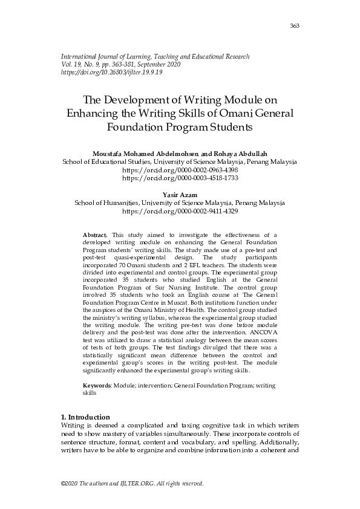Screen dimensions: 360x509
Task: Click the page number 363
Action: [x=295, y=25]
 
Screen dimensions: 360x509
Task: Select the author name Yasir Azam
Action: [x=180, y=195]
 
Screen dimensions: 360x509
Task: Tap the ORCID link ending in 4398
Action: [x=180, y=171]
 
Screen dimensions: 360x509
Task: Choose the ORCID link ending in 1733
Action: [x=180, y=179]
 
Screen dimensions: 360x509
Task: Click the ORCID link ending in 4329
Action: [x=180, y=212]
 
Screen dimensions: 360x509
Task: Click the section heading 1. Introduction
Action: [x=86, y=417]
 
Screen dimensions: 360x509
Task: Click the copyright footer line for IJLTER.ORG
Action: [x=133, y=484]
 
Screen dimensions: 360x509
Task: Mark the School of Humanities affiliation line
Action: [x=180, y=203]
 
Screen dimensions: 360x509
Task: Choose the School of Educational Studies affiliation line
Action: [x=180, y=163]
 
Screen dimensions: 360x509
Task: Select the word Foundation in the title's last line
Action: [x=137, y=128]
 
